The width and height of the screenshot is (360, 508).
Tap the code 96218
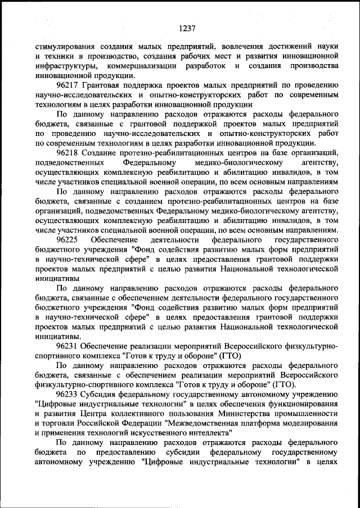[68, 153]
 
